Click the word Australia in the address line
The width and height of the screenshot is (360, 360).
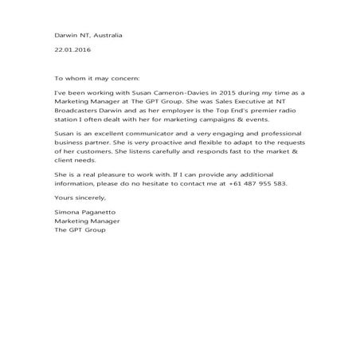107,36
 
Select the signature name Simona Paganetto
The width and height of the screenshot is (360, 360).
84,213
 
